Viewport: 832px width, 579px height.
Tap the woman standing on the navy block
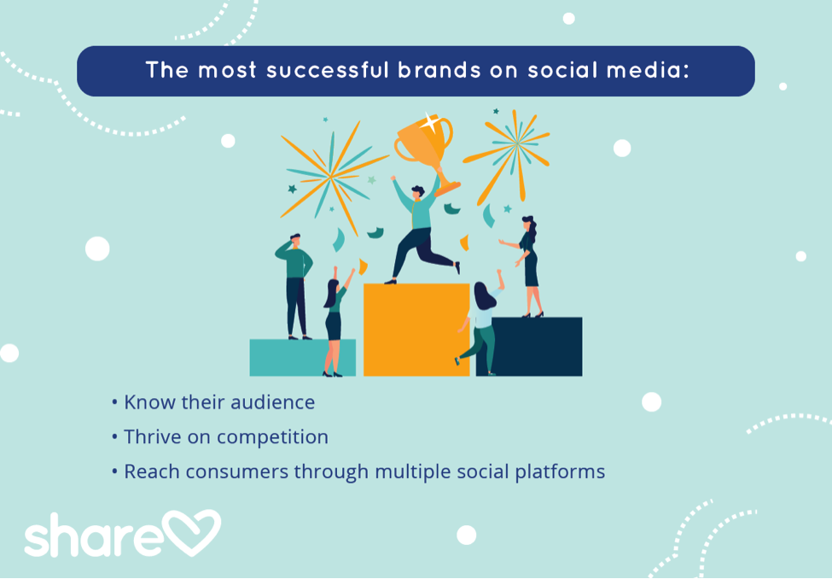point(529,265)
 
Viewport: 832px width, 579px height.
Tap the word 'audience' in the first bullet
point(273,402)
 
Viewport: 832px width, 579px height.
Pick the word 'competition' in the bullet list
point(272,437)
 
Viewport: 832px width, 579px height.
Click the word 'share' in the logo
point(92,536)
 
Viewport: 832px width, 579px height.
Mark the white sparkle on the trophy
point(429,121)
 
